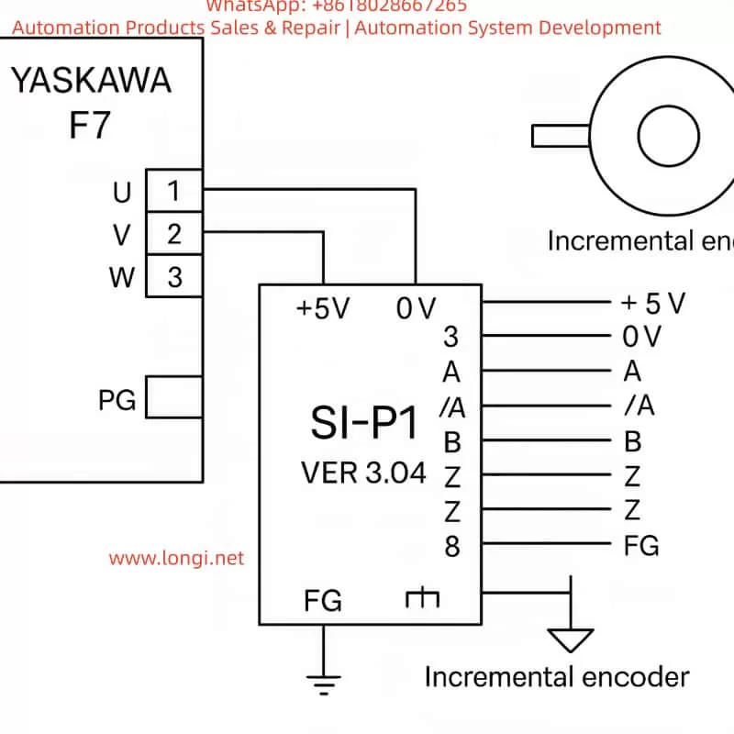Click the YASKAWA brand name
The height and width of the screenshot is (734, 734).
90,82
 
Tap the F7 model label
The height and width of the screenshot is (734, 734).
90,126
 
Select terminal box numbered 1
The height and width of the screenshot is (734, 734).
173,192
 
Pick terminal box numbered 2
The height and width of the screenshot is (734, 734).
173,234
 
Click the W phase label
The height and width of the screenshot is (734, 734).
122,277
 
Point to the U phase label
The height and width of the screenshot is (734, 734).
122,193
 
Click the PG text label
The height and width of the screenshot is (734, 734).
117,400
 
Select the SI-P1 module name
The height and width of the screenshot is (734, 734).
363,425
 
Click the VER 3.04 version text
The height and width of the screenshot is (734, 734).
363,473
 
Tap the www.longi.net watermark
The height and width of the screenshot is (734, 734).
177,557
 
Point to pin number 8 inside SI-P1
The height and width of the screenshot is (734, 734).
451,546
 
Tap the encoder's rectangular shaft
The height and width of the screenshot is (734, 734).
561,136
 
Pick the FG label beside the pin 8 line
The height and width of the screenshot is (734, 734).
640,545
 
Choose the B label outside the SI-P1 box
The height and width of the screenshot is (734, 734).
632,441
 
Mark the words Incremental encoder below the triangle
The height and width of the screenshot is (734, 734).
556,677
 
